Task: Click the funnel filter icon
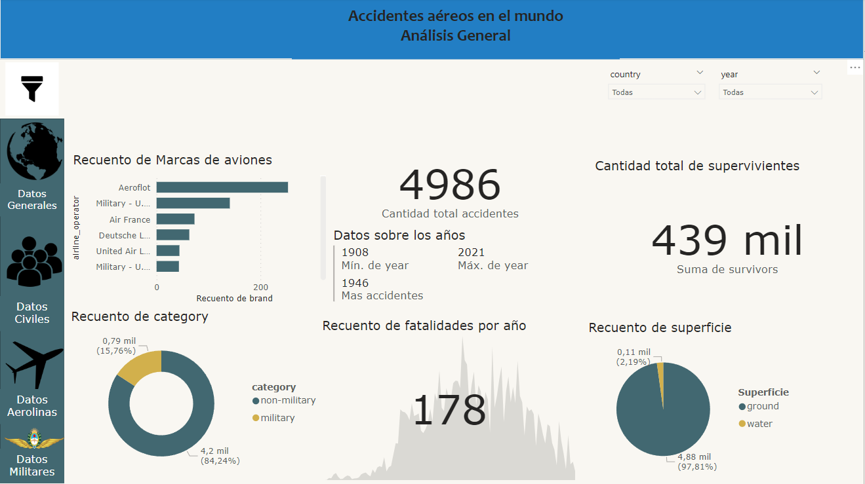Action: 31,88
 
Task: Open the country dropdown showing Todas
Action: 656,93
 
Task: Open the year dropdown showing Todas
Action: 770,93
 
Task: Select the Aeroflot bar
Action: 222,187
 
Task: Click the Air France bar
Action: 175,219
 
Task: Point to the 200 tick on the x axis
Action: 260,287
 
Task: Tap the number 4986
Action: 450,185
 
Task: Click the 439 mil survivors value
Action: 727,240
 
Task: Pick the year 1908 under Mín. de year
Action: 355,252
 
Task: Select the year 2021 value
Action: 471,252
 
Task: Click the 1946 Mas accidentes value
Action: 355,283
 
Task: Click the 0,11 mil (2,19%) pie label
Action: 633,356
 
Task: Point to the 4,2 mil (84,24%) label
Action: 220,456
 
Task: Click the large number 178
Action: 450,411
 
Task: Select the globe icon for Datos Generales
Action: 35,151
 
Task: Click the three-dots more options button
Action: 855,67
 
